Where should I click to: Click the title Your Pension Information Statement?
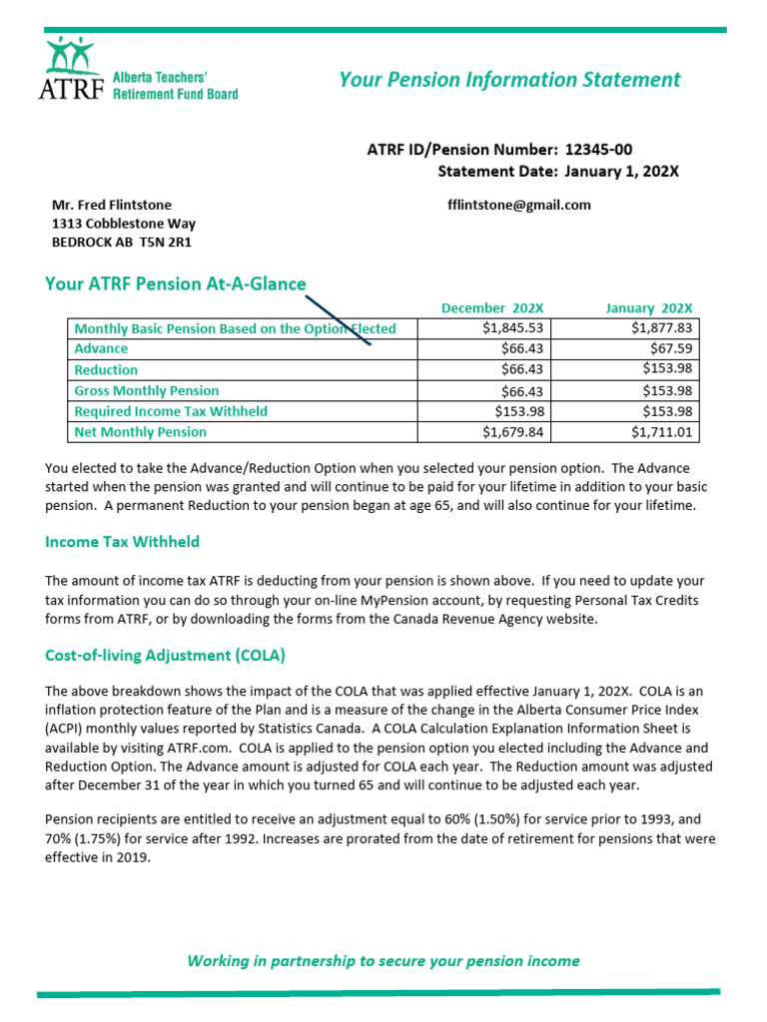pos(509,80)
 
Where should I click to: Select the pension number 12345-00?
pos(598,150)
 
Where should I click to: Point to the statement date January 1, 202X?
pos(621,172)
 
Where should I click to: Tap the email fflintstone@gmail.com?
pos(519,205)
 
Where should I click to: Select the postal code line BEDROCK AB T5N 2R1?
pos(121,243)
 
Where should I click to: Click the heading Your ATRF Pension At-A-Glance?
pos(176,284)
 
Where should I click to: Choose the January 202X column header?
pos(649,308)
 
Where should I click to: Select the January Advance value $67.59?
pos(672,349)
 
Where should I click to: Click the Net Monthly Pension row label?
pos(141,432)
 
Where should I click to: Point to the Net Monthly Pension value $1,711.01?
pos(662,432)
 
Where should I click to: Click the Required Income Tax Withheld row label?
pos(171,411)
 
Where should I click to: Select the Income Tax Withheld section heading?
pos(123,542)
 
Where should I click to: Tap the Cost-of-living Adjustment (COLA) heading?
pos(165,656)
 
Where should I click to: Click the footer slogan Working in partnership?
pos(383,961)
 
